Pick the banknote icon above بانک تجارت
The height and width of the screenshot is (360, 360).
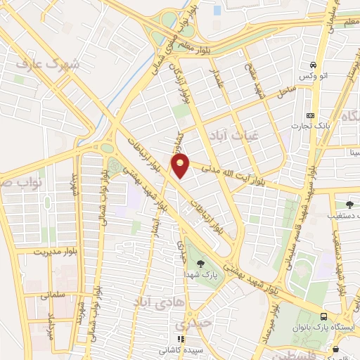pos(311,115)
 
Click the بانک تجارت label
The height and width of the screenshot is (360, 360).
pos(312,126)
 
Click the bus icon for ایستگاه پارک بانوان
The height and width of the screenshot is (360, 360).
pos(323,317)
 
